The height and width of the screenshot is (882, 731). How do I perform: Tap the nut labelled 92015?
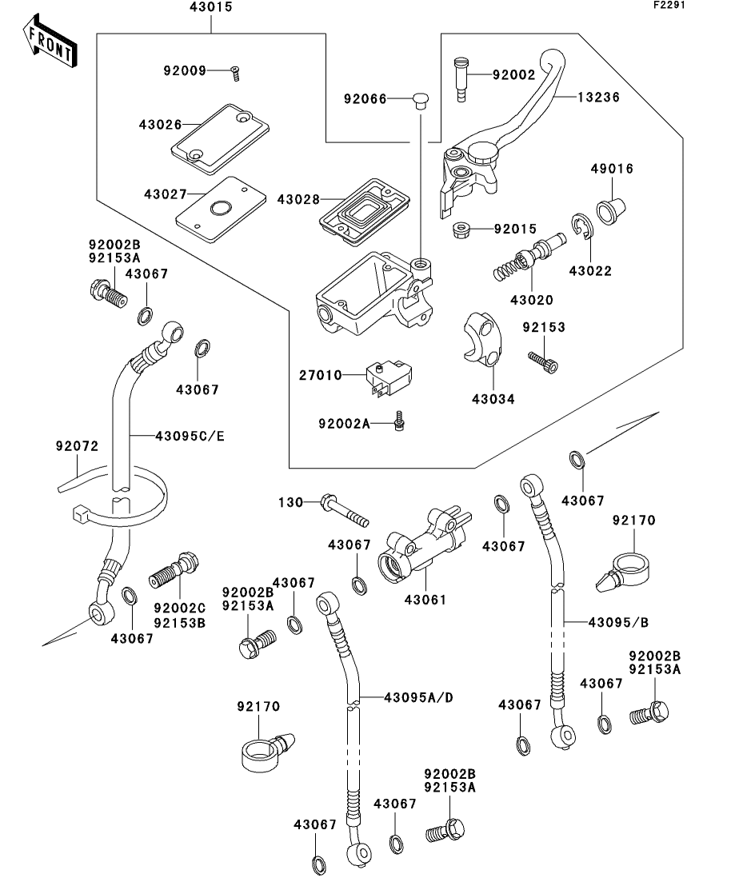click(461, 230)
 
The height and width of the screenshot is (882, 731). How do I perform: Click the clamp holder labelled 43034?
click(480, 340)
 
